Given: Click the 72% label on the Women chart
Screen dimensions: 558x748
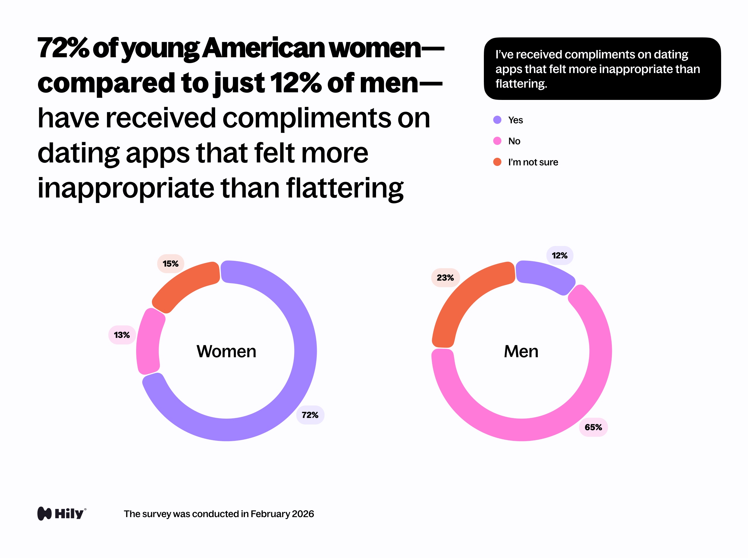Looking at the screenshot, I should click(x=310, y=415).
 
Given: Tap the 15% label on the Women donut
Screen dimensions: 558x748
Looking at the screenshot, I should click(x=170, y=264).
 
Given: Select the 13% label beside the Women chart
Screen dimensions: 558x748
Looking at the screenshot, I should click(x=122, y=335).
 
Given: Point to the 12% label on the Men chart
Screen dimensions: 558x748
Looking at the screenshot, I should click(x=559, y=255).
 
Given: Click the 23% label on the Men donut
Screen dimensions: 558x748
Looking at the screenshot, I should click(x=445, y=278).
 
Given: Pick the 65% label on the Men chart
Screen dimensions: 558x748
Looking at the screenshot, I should click(x=593, y=427).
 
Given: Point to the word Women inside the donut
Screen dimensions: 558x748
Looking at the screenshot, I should click(x=226, y=351).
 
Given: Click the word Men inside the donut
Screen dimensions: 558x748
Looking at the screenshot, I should click(x=521, y=351).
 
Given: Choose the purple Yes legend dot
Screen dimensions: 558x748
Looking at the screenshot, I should click(x=497, y=120).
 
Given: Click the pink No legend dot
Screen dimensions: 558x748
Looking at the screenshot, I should click(x=497, y=141).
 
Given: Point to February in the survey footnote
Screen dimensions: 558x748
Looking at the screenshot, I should click(x=270, y=514).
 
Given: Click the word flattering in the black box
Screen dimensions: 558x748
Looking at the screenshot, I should click(x=521, y=84).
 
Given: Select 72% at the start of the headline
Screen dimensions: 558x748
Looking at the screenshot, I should click(x=63, y=48).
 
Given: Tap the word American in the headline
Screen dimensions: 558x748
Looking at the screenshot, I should click(x=264, y=48).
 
